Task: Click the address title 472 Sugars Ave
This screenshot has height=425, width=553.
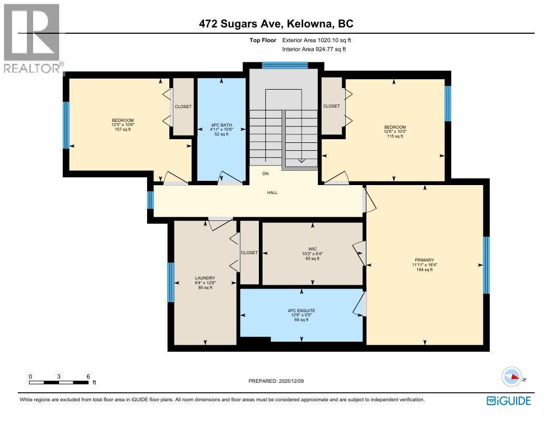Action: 276,24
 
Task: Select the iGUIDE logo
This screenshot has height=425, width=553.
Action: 508,401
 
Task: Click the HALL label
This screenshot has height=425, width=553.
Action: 272,192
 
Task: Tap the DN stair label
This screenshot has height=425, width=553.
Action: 266,173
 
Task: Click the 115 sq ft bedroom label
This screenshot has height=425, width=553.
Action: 395,132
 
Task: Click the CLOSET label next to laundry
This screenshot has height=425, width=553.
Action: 249,253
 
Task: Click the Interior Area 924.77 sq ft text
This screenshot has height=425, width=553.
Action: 314,49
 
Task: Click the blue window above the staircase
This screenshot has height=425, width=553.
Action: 285,65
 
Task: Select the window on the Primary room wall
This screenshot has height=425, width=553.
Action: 486,265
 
